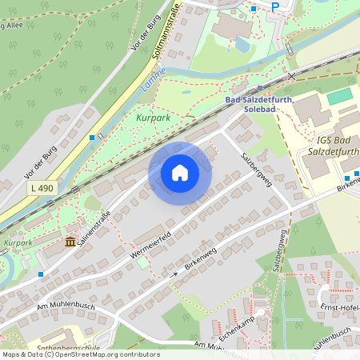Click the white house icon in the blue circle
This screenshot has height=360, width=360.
(180, 172)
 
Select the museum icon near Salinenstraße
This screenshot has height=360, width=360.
(70, 242)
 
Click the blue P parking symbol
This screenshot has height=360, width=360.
(274, 7)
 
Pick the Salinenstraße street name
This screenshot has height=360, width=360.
(94, 229)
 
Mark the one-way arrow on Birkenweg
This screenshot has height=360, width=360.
(176, 274)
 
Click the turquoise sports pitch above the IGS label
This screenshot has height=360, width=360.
(340, 96)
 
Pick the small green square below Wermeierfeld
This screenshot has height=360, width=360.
(142, 262)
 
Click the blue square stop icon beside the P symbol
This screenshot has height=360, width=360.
(254, 8)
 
